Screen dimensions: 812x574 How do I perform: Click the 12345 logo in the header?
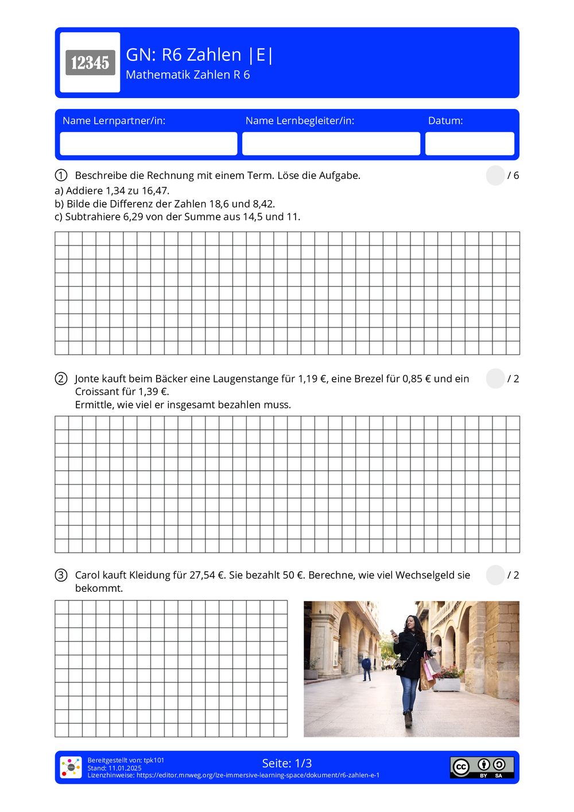coord(90,63)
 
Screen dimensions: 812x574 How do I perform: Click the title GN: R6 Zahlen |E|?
coord(200,54)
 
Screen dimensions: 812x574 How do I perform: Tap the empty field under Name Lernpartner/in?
coord(149,143)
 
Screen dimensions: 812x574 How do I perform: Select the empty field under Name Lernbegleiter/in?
coord(331,143)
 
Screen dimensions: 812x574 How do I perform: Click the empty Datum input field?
coord(470,143)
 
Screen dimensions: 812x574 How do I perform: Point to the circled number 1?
coord(61,175)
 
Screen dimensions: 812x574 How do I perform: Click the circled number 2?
coord(61,378)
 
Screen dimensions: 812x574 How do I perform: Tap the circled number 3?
coord(61,575)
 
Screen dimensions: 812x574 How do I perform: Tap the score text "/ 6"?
coord(513,175)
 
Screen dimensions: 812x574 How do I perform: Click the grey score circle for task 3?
coord(495,575)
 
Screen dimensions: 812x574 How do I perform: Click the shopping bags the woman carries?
coord(429,672)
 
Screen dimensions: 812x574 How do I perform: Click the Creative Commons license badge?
coord(482,767)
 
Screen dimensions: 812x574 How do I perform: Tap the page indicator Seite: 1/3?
coord(287,763)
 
